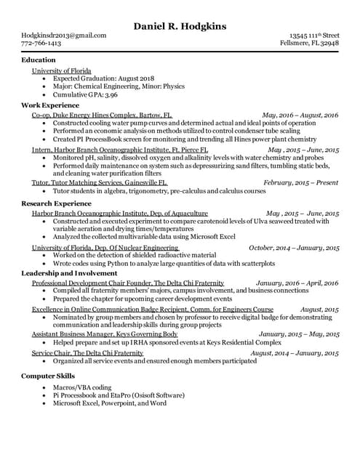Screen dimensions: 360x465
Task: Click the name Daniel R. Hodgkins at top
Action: point(180,27)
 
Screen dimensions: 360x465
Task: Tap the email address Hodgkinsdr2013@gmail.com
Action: point(64,35)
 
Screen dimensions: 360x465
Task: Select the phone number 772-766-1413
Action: point(41,44)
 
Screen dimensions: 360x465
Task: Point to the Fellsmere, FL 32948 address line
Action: point(310,44)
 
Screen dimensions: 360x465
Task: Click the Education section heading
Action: point(39,60)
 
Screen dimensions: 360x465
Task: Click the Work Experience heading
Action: point(49,105)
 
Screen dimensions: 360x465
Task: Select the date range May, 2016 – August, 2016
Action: point(300,115)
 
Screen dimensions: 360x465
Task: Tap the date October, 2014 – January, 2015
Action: point(294,248)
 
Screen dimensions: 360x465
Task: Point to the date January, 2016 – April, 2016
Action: point(297,283)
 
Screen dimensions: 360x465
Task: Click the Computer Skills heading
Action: point(48,376)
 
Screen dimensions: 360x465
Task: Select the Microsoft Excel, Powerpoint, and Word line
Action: point(110,403)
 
